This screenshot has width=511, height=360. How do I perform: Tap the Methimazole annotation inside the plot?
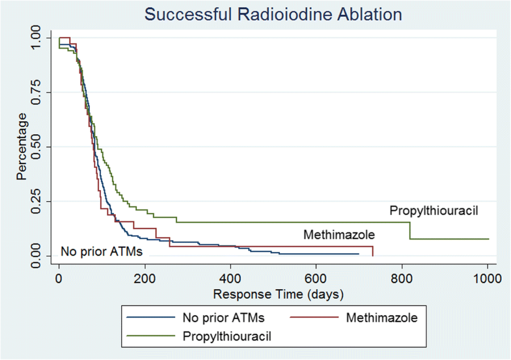point(331,234)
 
